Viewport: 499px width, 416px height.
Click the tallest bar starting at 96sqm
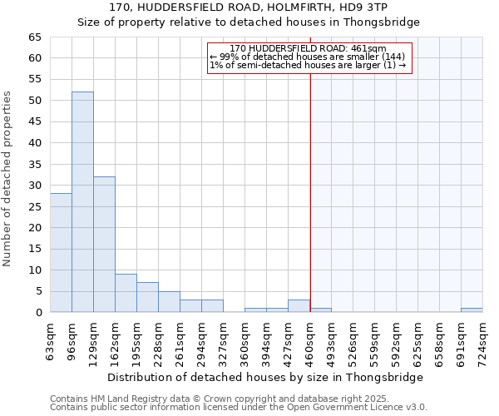pos(82,202)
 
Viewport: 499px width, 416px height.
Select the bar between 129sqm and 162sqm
pos(104,245)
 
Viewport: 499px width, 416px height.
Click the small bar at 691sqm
pos(472,310)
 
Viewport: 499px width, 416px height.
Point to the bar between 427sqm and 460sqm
pos(299,306)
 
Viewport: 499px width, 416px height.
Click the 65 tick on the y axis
pos(35,37)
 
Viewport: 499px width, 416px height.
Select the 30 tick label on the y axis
pos(35,186)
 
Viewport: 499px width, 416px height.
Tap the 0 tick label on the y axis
pos(38,313)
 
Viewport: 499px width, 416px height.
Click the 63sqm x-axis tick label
pos(51,339)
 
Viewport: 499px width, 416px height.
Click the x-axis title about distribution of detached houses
pos(266,377)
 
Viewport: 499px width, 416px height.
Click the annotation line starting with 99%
pos(308,57)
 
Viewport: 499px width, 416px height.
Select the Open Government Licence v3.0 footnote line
pos(239,408)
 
